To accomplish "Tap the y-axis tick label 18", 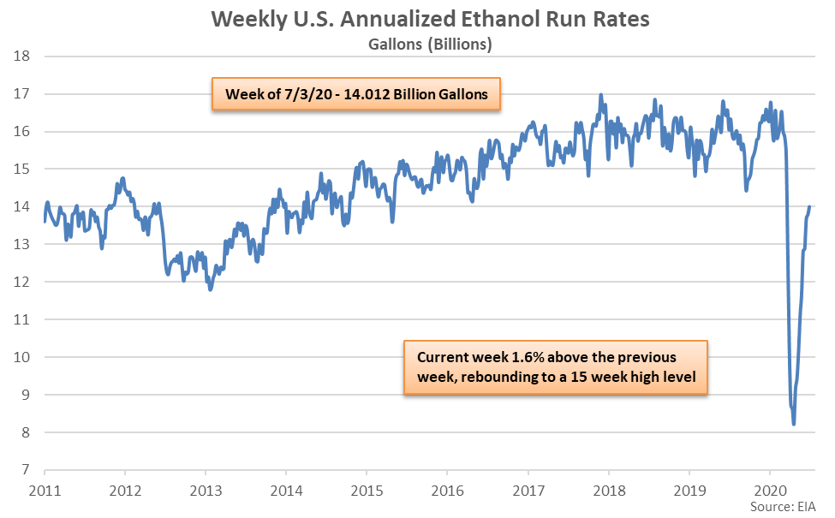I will [x=23, y=57].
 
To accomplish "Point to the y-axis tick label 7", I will [x=27, y=470].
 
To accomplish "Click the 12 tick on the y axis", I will [x=23, y=282].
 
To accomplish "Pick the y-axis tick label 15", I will [x=23, y=170].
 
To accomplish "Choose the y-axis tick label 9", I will [x=27, y=395].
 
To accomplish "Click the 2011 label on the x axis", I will [x=45, y=491].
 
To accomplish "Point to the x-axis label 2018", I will [x=609, y=491].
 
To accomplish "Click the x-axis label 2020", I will [x=770, y=491].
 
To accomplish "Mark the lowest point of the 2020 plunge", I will [x=794, y=424].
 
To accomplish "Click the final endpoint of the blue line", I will [x=809, y=206].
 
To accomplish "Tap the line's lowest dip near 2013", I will [x=211, y=290].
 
